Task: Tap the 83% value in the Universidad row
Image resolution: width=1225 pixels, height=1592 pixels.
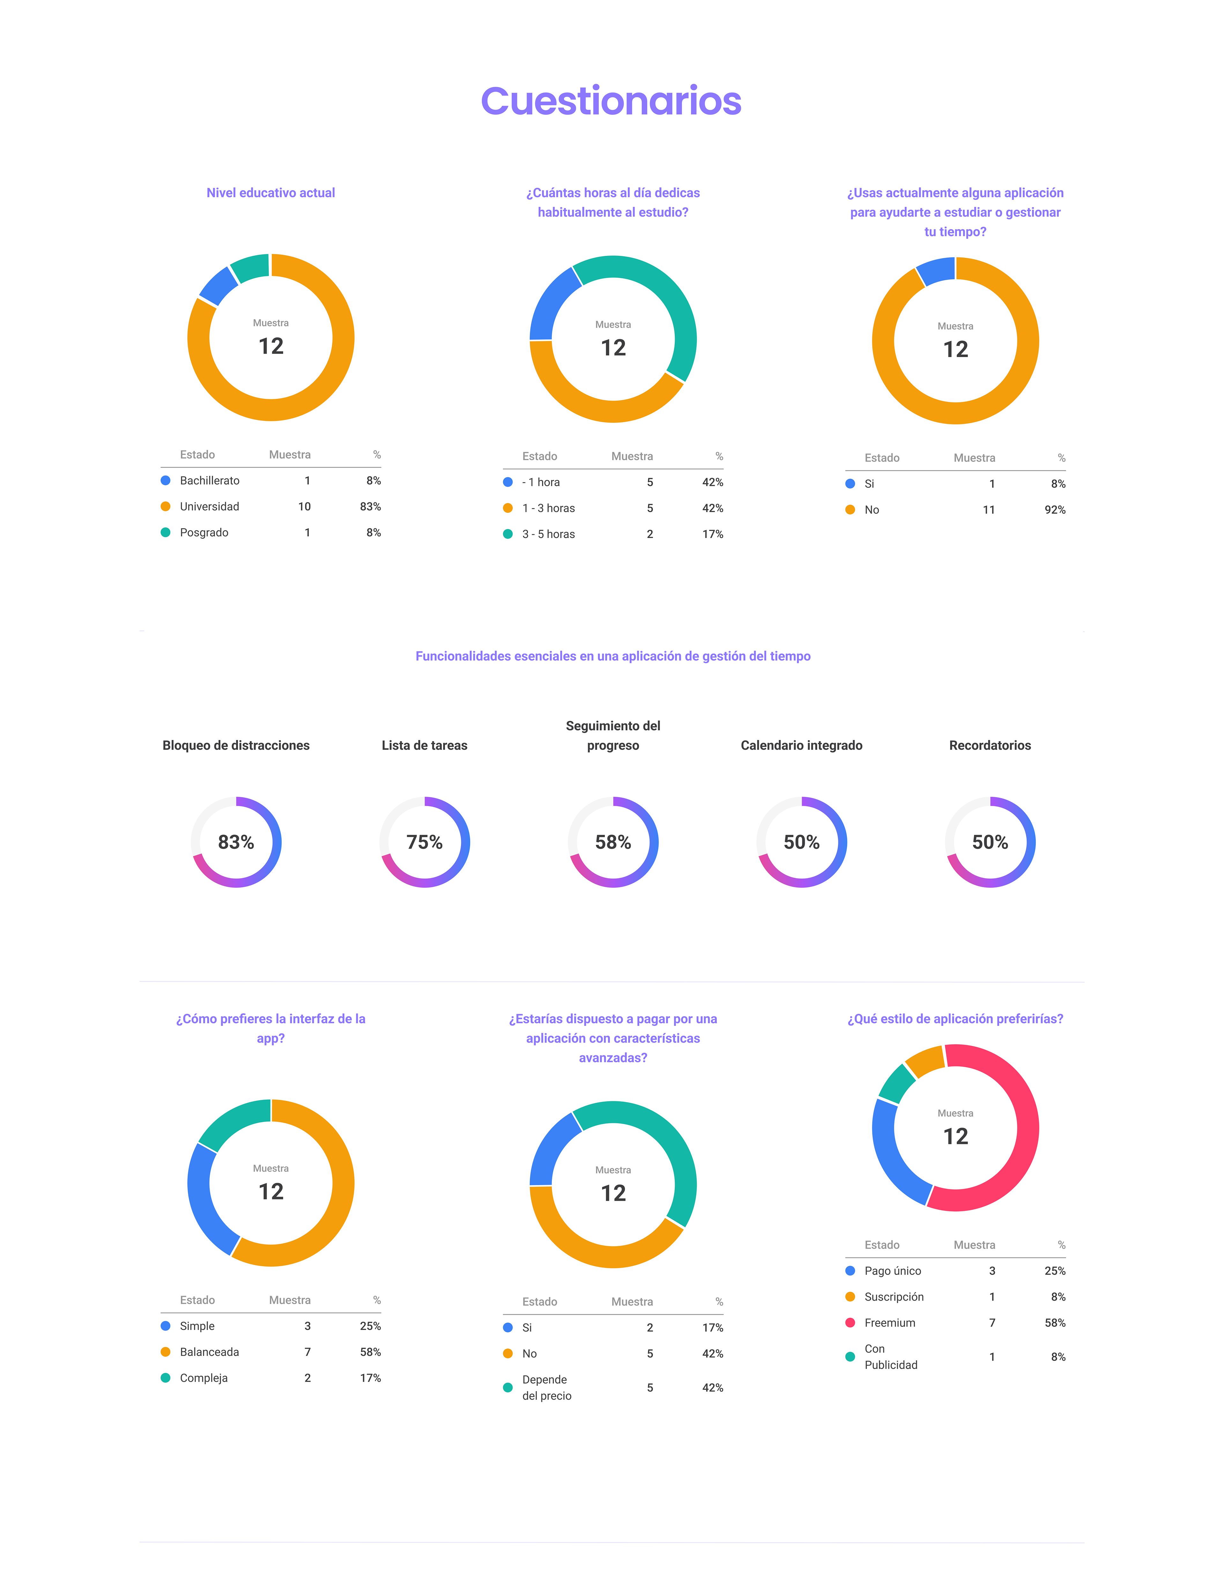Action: (370, 507)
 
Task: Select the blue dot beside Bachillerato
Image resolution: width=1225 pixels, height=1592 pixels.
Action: (166, 480)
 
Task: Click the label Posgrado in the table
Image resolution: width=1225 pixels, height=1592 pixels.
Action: (204, 533)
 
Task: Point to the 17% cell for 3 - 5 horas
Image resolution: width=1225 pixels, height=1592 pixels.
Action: (712, 534)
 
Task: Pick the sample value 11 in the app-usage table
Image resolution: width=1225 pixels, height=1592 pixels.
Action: (988, 510)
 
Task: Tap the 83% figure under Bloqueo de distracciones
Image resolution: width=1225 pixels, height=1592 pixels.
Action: (236, 843)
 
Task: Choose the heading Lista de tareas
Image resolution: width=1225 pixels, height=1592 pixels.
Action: (424, 745)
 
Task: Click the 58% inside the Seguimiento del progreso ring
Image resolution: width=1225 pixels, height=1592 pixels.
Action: (613, 843)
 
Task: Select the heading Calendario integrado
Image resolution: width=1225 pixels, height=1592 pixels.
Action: (801, 745)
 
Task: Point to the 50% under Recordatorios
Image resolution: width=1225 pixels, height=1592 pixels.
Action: (990, 843)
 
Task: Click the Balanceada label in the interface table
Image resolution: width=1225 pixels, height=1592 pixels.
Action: (209, 1352)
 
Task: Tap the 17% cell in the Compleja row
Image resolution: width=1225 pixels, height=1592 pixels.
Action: (370, 1379)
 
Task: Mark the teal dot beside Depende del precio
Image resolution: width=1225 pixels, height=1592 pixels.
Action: (508, 1388)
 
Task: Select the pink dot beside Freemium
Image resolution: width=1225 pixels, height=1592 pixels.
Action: (850, 1323)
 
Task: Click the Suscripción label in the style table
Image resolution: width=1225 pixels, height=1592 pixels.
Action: (894, 1297)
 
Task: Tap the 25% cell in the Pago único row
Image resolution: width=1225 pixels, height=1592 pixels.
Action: (1054, 1271)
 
